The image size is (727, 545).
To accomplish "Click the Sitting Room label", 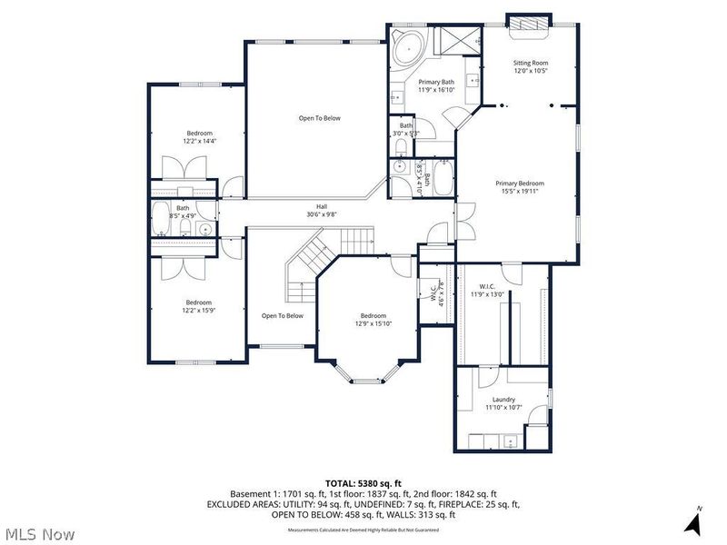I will pyautogui.click(x=531, y=63).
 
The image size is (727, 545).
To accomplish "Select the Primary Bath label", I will pyautogui.click(x=435, y=82).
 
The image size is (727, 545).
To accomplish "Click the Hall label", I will pyautogui.click(x=322, y=207).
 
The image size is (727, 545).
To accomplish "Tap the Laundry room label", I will pyautogui.click(x=503, y=399).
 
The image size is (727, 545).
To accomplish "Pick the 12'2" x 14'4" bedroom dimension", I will pyautogui.click(x=199, y=141).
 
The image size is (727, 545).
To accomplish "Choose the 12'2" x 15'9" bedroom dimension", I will pyautogui.click(x=199, y=310).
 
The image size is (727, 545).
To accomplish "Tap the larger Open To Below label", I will pyautogui.click(x=320, y=118).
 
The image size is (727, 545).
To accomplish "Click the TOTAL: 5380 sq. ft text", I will pyautogui.click(x=363, y=482).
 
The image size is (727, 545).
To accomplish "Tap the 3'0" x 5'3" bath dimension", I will pyautogui.click(x=405, y=134).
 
